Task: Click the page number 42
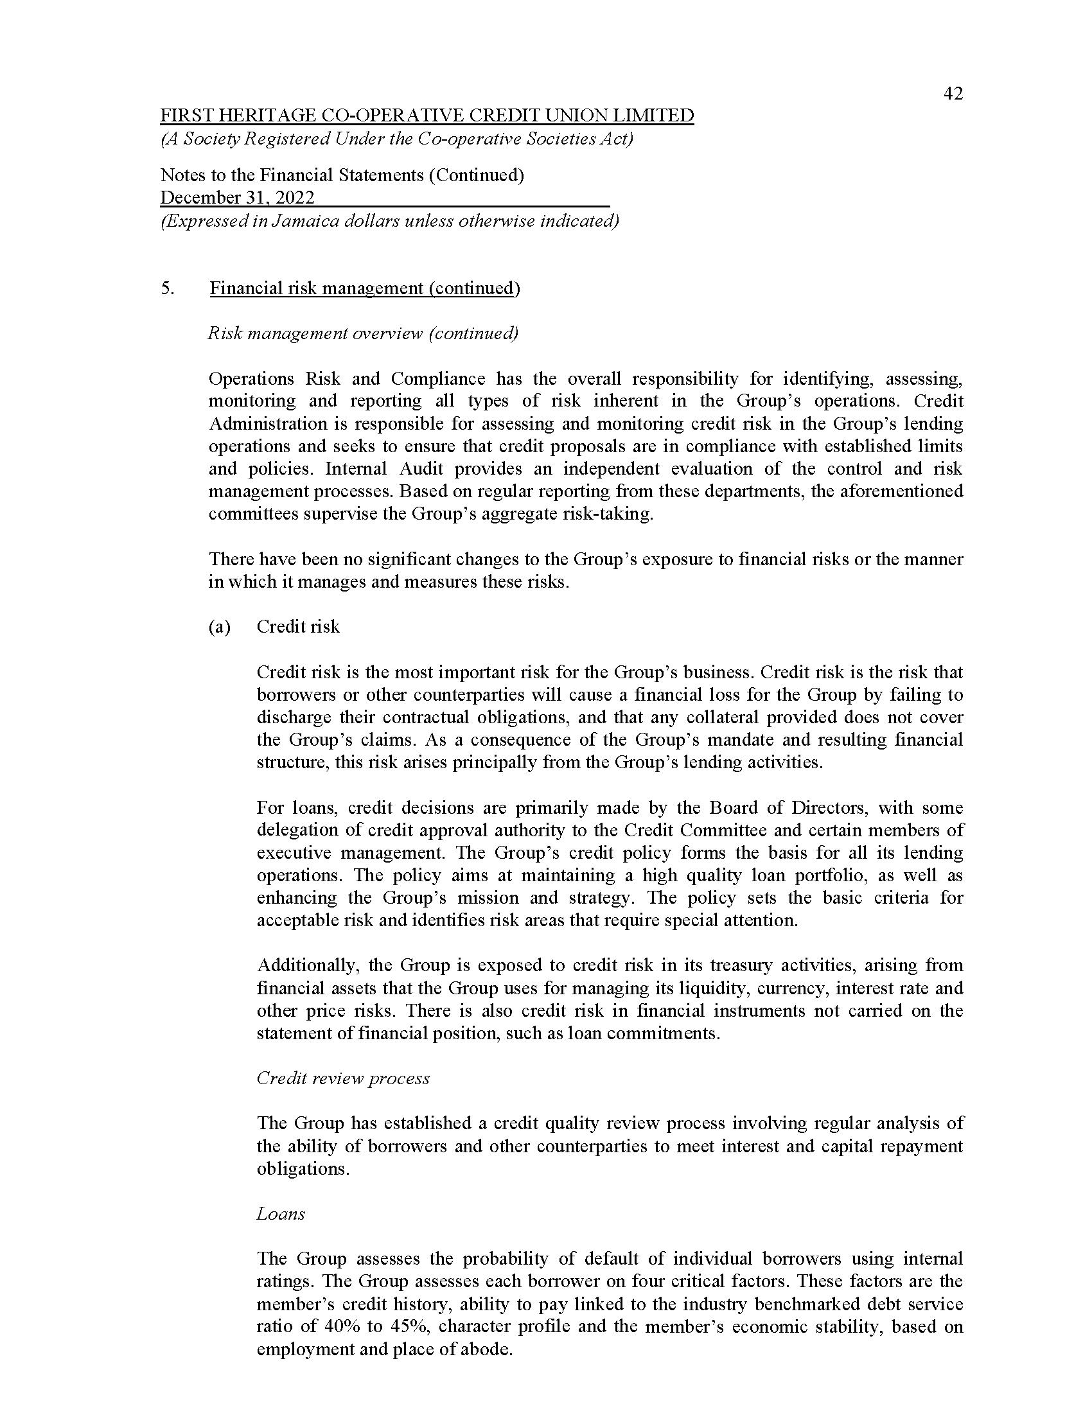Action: pos(953,94)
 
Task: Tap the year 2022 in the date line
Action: pos(295,197)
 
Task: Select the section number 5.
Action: pos(167,288)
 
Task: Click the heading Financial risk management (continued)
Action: pos(365,288)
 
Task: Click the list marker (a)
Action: pos(219,627)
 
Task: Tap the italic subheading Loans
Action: pos(281,1214)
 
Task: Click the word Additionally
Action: pos(306,965)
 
